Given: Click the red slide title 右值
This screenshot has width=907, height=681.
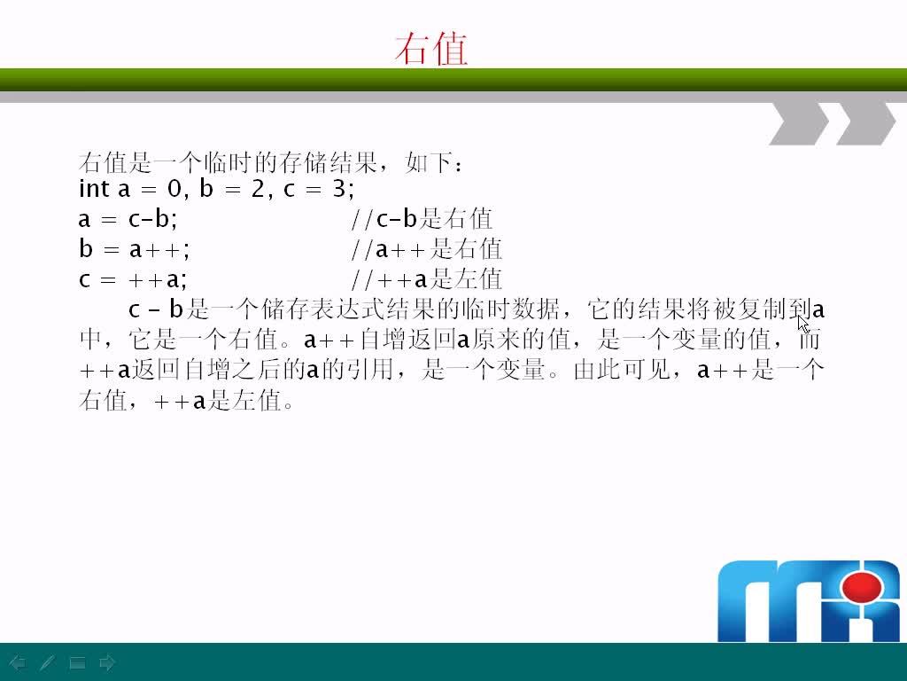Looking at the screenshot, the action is click(x=431, y=50).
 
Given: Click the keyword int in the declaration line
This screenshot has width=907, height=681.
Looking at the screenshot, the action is click(x=94, y=189).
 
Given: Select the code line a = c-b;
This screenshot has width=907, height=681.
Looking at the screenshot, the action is click(x=128, y=219).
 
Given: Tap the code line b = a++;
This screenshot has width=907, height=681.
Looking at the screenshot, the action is click(x=135, y=249).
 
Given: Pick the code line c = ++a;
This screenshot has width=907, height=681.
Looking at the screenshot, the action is click(x=133, y=279).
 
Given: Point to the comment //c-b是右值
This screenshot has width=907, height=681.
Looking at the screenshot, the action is click(x=422, y=219).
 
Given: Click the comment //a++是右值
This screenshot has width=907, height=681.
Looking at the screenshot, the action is click(x=426, y=249).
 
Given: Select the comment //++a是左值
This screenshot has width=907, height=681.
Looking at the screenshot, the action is click(x=426, y=279).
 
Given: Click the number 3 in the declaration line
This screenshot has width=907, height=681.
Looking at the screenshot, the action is click(x=339, y=189).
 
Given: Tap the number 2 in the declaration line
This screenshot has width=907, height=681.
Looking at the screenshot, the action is click(x=258, y=189).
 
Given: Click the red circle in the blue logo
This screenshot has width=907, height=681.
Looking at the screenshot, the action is click(x=862, y=587).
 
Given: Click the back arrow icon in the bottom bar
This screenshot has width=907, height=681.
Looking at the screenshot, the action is click(x=18, y=662).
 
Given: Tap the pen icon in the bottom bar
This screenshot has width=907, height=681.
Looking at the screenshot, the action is click(x=47, y=662).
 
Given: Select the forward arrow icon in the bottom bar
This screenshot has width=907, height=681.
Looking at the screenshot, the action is click(x=107, y=662).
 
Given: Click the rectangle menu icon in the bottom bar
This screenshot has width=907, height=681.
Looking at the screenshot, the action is click(x=78, y=662).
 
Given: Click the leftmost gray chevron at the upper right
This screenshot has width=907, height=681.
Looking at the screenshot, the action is click(x=800, y=122).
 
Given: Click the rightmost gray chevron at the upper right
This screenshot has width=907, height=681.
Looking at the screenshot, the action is click(x=866, y=122).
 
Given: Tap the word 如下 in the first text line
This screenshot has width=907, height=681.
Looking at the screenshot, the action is click(x=428, y=163).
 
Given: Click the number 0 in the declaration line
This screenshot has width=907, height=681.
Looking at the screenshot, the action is click(x=174, y=189).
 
